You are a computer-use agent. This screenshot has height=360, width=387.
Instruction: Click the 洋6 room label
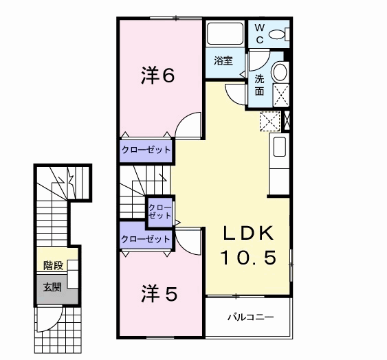pos(158,76)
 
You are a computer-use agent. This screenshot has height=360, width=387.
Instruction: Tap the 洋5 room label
pos(159,293)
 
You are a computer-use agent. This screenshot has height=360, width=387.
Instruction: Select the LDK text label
pos(249,233)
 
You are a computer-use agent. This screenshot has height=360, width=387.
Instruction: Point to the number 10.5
pos(248,258)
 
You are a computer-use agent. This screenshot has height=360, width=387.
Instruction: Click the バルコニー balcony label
pos(250,317)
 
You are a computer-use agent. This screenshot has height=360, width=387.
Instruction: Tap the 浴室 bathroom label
pos(223,60)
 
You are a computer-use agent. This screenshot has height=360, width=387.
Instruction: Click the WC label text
pos(259,34)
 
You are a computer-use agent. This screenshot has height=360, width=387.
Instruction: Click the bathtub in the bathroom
pos(225,34)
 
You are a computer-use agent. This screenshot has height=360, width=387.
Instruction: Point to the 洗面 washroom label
pos(259,85)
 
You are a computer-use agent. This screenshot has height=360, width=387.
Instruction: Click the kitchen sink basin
pos(279,147)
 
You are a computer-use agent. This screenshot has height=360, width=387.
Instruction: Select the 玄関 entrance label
pos(52,287)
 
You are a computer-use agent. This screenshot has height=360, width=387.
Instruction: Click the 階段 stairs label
pos(54,265)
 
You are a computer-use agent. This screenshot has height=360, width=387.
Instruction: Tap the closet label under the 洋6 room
pos(146,150)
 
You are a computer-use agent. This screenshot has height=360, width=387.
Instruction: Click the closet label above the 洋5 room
pos(146,239)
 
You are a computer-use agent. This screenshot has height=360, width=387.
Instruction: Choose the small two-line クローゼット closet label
pos(160,212)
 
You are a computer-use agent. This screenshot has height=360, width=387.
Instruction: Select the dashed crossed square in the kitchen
pos(270,121)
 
